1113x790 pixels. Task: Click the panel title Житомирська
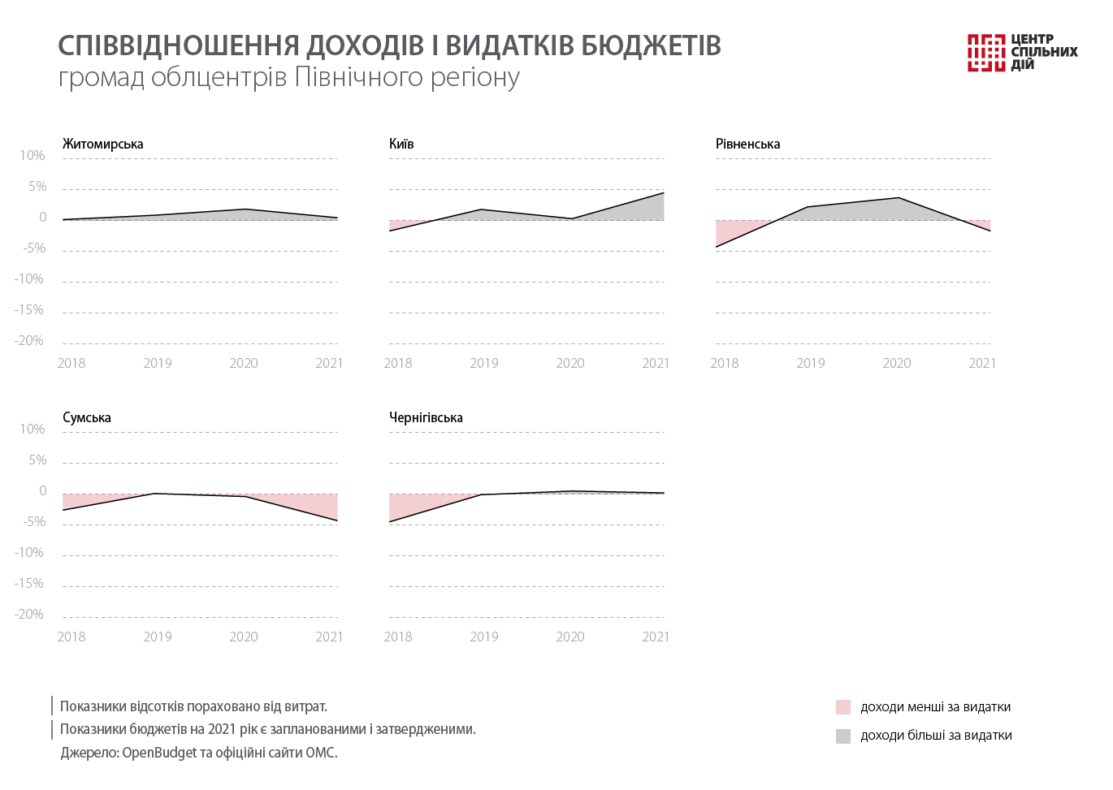coord(102,144)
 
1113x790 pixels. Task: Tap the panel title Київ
coord(401,144)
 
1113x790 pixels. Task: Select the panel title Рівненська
coord(747,144)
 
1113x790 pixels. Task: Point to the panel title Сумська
coord(87,417)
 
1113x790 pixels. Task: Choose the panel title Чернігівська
coord(426,417)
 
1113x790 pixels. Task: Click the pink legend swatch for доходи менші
coord(843,707)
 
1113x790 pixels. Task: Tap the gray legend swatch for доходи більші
coord(843,736)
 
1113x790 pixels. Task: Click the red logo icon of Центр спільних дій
coord(986,52)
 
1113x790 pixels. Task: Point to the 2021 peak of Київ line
coord(663,193)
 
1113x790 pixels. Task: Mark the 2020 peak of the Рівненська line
coord(899,198)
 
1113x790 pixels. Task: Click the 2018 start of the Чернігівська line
coord(390,521)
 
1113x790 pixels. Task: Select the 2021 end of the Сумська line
coord(337,520)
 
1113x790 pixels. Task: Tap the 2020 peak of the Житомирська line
coord(245,209)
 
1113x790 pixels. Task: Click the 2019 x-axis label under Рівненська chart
coord(811,363)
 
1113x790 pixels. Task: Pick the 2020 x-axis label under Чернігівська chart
coord(570,637)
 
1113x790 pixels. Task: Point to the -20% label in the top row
coord(29,340)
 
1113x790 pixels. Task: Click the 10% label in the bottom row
coord(32,429)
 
